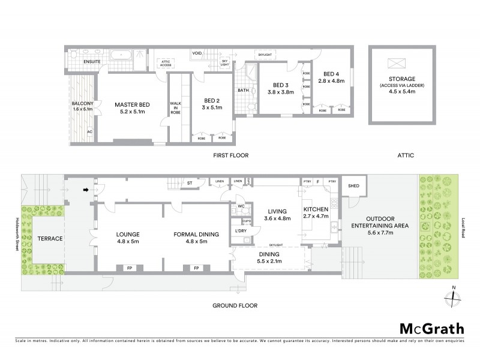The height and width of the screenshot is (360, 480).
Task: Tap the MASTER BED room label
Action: pos(132,105)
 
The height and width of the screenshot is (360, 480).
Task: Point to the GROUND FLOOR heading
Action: pos(235,305)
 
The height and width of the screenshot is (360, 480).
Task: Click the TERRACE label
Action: pos(50,239)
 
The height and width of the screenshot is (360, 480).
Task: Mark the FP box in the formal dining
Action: pos(196,268)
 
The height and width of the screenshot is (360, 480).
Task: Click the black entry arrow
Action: pos(86,190)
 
